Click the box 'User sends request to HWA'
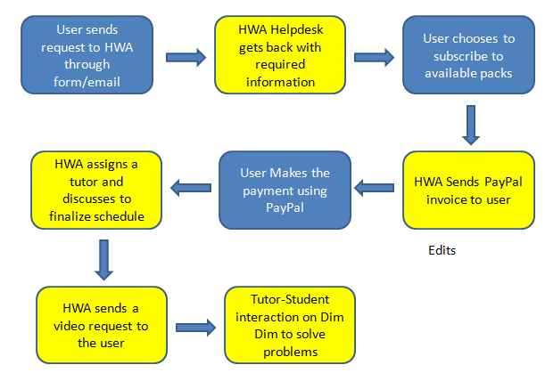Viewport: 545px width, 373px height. (x=87, y=55)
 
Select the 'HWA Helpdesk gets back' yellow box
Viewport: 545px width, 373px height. (x=280, y=55)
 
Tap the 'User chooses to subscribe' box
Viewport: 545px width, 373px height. (x=468, y=55)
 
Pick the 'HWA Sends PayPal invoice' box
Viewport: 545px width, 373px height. (x=468, y=191)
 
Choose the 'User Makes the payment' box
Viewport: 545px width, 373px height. (x=285, y=191)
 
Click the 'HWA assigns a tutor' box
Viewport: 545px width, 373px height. (x=96, y=191)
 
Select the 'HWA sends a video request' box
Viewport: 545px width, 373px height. (x=102, y=325)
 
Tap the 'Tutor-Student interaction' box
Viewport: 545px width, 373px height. (x=290, y=325)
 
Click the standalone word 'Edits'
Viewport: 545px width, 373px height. (x=442, y=250)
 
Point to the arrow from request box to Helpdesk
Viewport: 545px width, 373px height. (x=186, y=57)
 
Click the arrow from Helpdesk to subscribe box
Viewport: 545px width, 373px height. (x=374, y=57)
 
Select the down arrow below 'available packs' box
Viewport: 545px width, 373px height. (x=471, y=125)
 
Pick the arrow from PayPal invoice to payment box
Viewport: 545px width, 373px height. (x=374, y=188)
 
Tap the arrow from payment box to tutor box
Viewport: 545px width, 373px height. (x=191, y=188)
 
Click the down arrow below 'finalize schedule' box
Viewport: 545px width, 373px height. (x=104, y=260)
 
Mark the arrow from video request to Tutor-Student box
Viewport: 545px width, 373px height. (x=195, y=328)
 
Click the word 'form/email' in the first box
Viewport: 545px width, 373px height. (x=87, y=82)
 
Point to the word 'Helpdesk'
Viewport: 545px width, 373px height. (x=296, y=30)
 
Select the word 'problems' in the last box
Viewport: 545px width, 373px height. (x=290, y=352)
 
